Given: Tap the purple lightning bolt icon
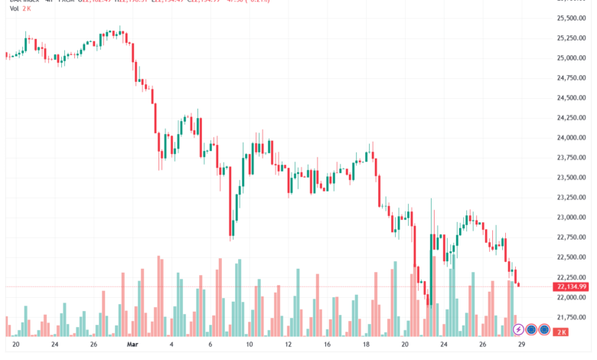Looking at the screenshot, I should pyautogui.click(x=518, y=330).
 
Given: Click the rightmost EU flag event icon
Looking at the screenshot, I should pyautogui.click(x=544, y=330).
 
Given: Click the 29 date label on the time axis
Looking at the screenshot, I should pyautogui.click(x=520, y=345).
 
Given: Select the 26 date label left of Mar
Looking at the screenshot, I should pyautogui.click(x=93, y=345).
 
